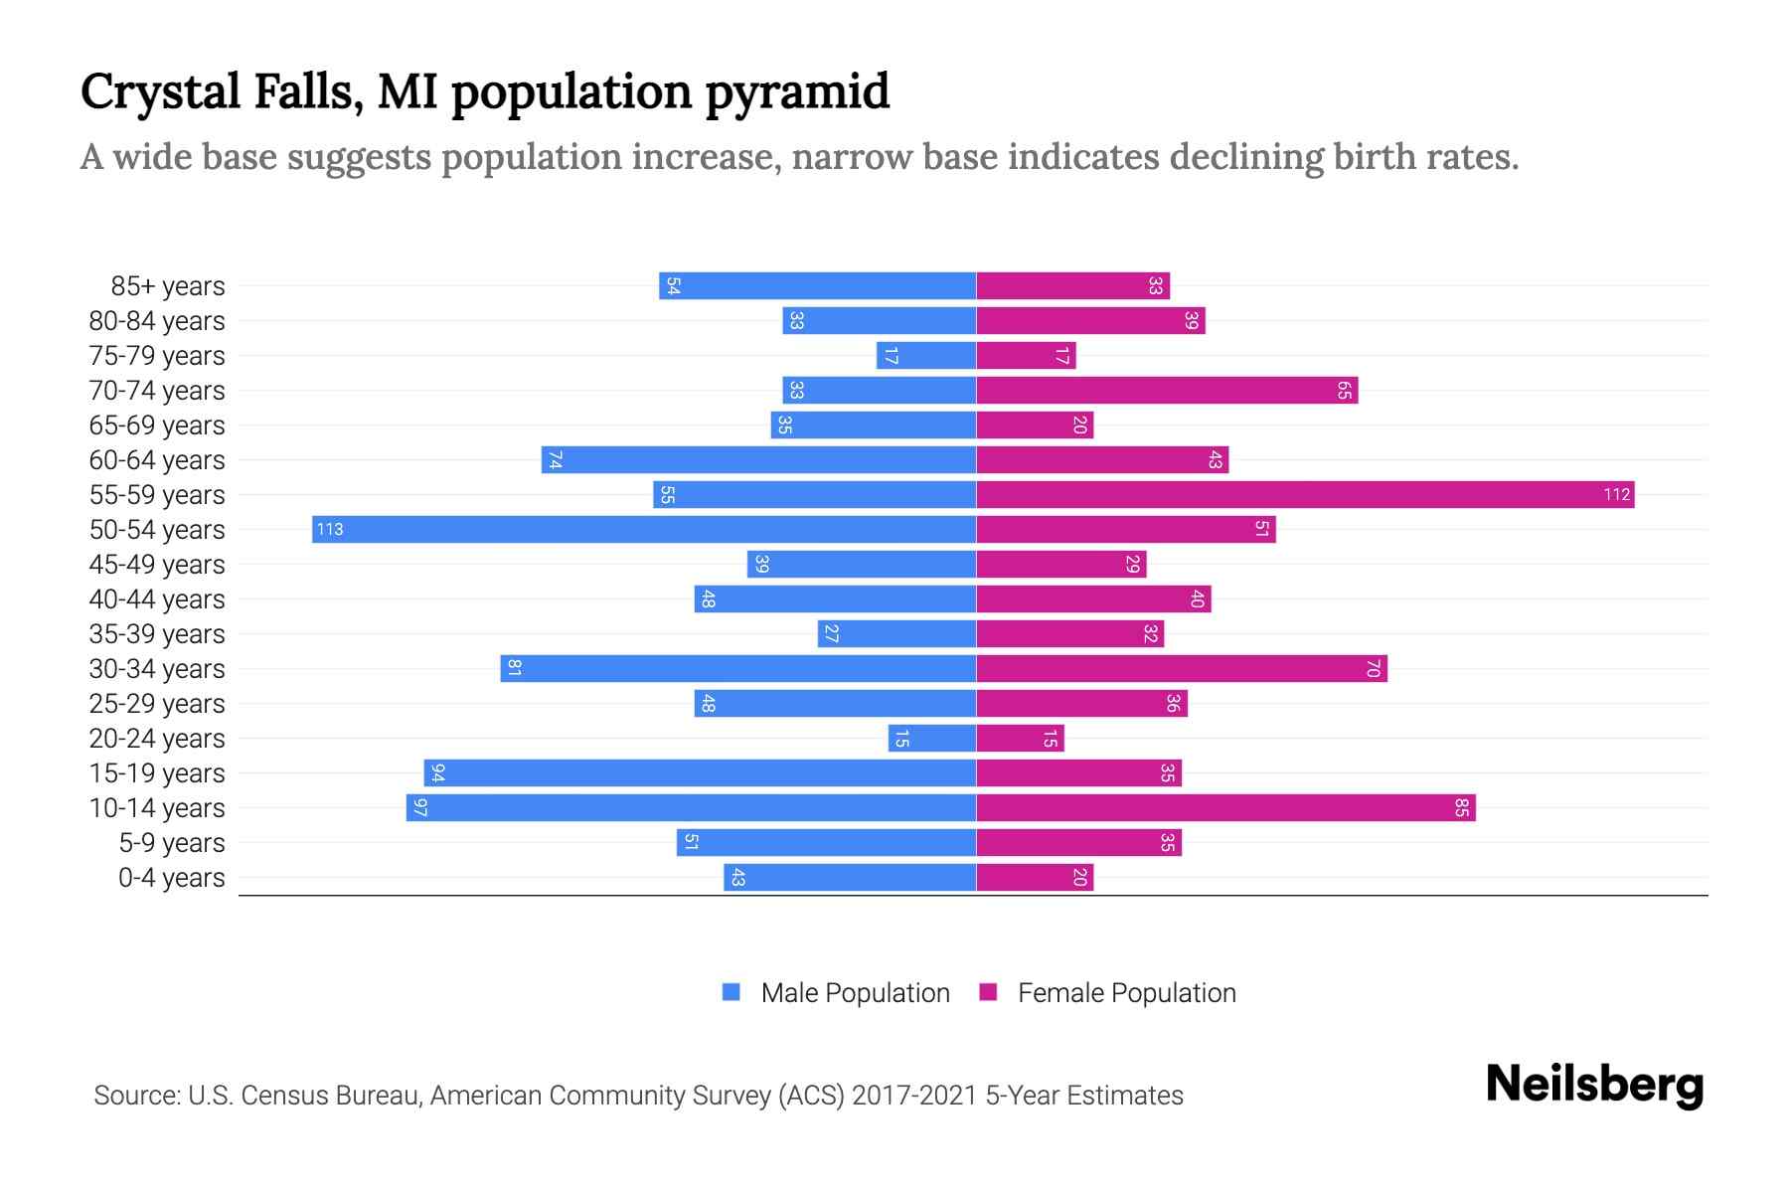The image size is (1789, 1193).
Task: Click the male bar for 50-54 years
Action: (644, 529)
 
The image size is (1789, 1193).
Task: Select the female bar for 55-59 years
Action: (1305, 494)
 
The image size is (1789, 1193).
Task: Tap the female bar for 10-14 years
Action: (1225, 807)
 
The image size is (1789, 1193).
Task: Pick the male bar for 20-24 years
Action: (932, 738)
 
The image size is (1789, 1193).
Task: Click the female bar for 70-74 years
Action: (1167, 390)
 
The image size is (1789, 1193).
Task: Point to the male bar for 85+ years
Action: (817, 285)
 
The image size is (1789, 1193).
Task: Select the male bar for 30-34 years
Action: (737, 668)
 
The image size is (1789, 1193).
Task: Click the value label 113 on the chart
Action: (330, 529)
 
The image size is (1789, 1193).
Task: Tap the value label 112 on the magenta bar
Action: (1616, 494)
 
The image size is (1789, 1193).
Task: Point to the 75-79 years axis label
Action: (157, 355)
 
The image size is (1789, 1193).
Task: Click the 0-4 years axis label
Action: (171, 877)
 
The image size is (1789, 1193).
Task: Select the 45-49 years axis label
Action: (157, 564)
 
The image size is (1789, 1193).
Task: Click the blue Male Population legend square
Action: (732, 992)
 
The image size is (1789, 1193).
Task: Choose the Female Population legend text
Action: (1126, 992)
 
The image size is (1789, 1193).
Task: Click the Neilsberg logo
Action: (1594, 1085)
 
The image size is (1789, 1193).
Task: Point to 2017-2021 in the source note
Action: (914, 1096)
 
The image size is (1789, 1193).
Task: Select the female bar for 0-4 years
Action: (1035, 877)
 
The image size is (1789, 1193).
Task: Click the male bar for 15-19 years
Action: (700, 772)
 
